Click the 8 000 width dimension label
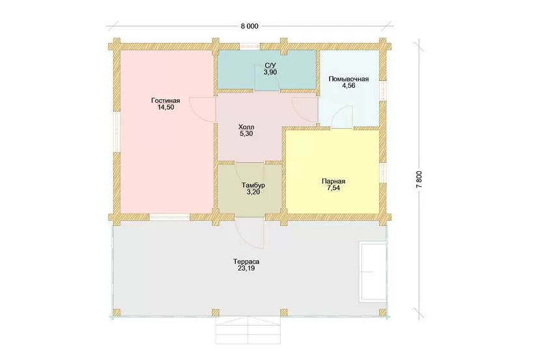point(249,26)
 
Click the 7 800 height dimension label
point(419,179)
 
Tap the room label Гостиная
point(165,101)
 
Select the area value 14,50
point(166,107)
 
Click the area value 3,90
point(270,72)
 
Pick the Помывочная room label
point(349,79)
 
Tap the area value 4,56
point(349,86)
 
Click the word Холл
point(246,128)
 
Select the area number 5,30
point(246,134)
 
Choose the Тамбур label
point(253,186)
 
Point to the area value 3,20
point(253,192)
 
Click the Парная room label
point(333,181)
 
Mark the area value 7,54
point(333,188)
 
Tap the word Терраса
point(247,262)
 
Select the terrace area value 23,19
point(247,268)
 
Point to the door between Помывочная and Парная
point(342,117)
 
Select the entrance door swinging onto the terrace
point(251,233)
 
